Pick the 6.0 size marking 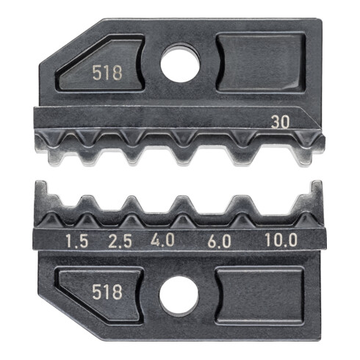[x=218, y=240]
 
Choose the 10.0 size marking [x=281, y=240]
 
